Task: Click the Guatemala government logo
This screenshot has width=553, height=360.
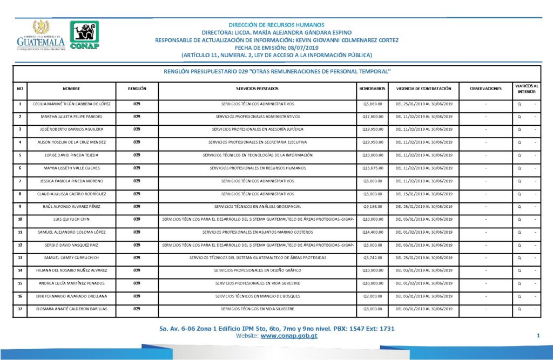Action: [x=41, y=36]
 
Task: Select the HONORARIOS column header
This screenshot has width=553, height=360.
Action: [x=372, y=88]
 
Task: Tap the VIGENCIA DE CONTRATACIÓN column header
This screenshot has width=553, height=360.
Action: [x=427, y=88]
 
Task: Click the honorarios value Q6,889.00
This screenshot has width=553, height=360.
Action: [x=373, y=103]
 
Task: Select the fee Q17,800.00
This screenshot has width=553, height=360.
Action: [x=373, y=116]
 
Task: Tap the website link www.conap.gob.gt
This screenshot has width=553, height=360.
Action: [x=289, y=336]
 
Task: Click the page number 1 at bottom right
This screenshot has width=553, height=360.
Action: [x=538, y=336]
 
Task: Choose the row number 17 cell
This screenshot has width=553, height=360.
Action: [x=20, y=309]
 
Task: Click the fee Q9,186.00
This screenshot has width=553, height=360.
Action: [x=373, y=206]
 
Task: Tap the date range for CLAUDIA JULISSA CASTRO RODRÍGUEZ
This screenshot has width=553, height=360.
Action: [x=427, y=193]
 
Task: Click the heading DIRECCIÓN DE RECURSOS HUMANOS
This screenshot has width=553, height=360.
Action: [x=276, y=25]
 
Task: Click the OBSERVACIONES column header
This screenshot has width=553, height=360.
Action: [x=486, y=88]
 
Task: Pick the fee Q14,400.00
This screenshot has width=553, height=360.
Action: [x=373, y=232]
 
